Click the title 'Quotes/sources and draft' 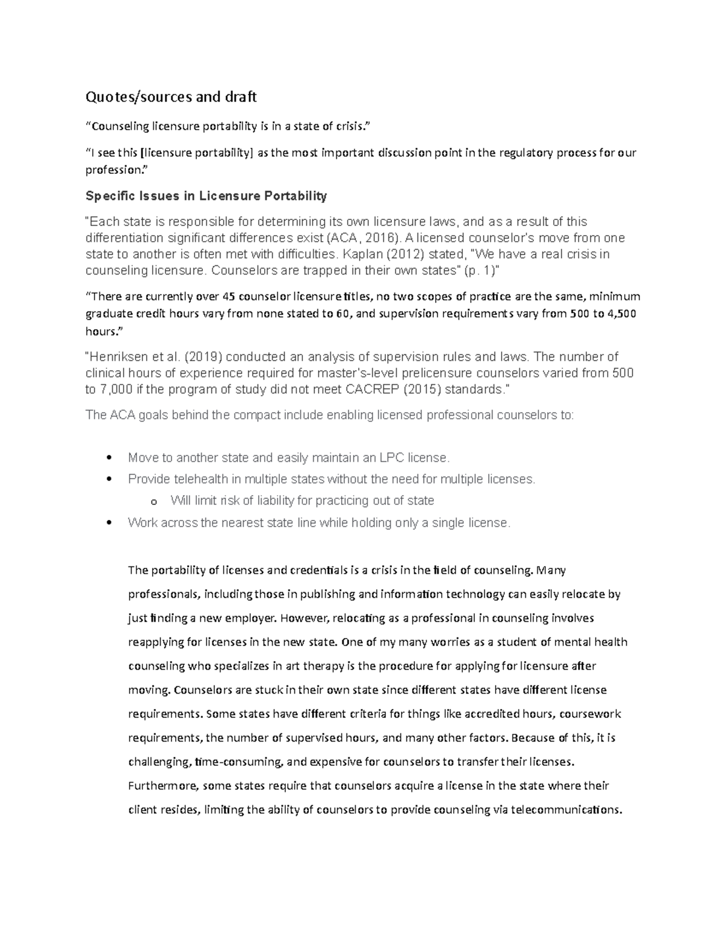pos(171,96)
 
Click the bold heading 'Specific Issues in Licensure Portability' pos(206,196)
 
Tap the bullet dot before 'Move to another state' pos(108,458)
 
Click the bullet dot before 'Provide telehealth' pos(108,479)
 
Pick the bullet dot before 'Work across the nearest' pos(108,523)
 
